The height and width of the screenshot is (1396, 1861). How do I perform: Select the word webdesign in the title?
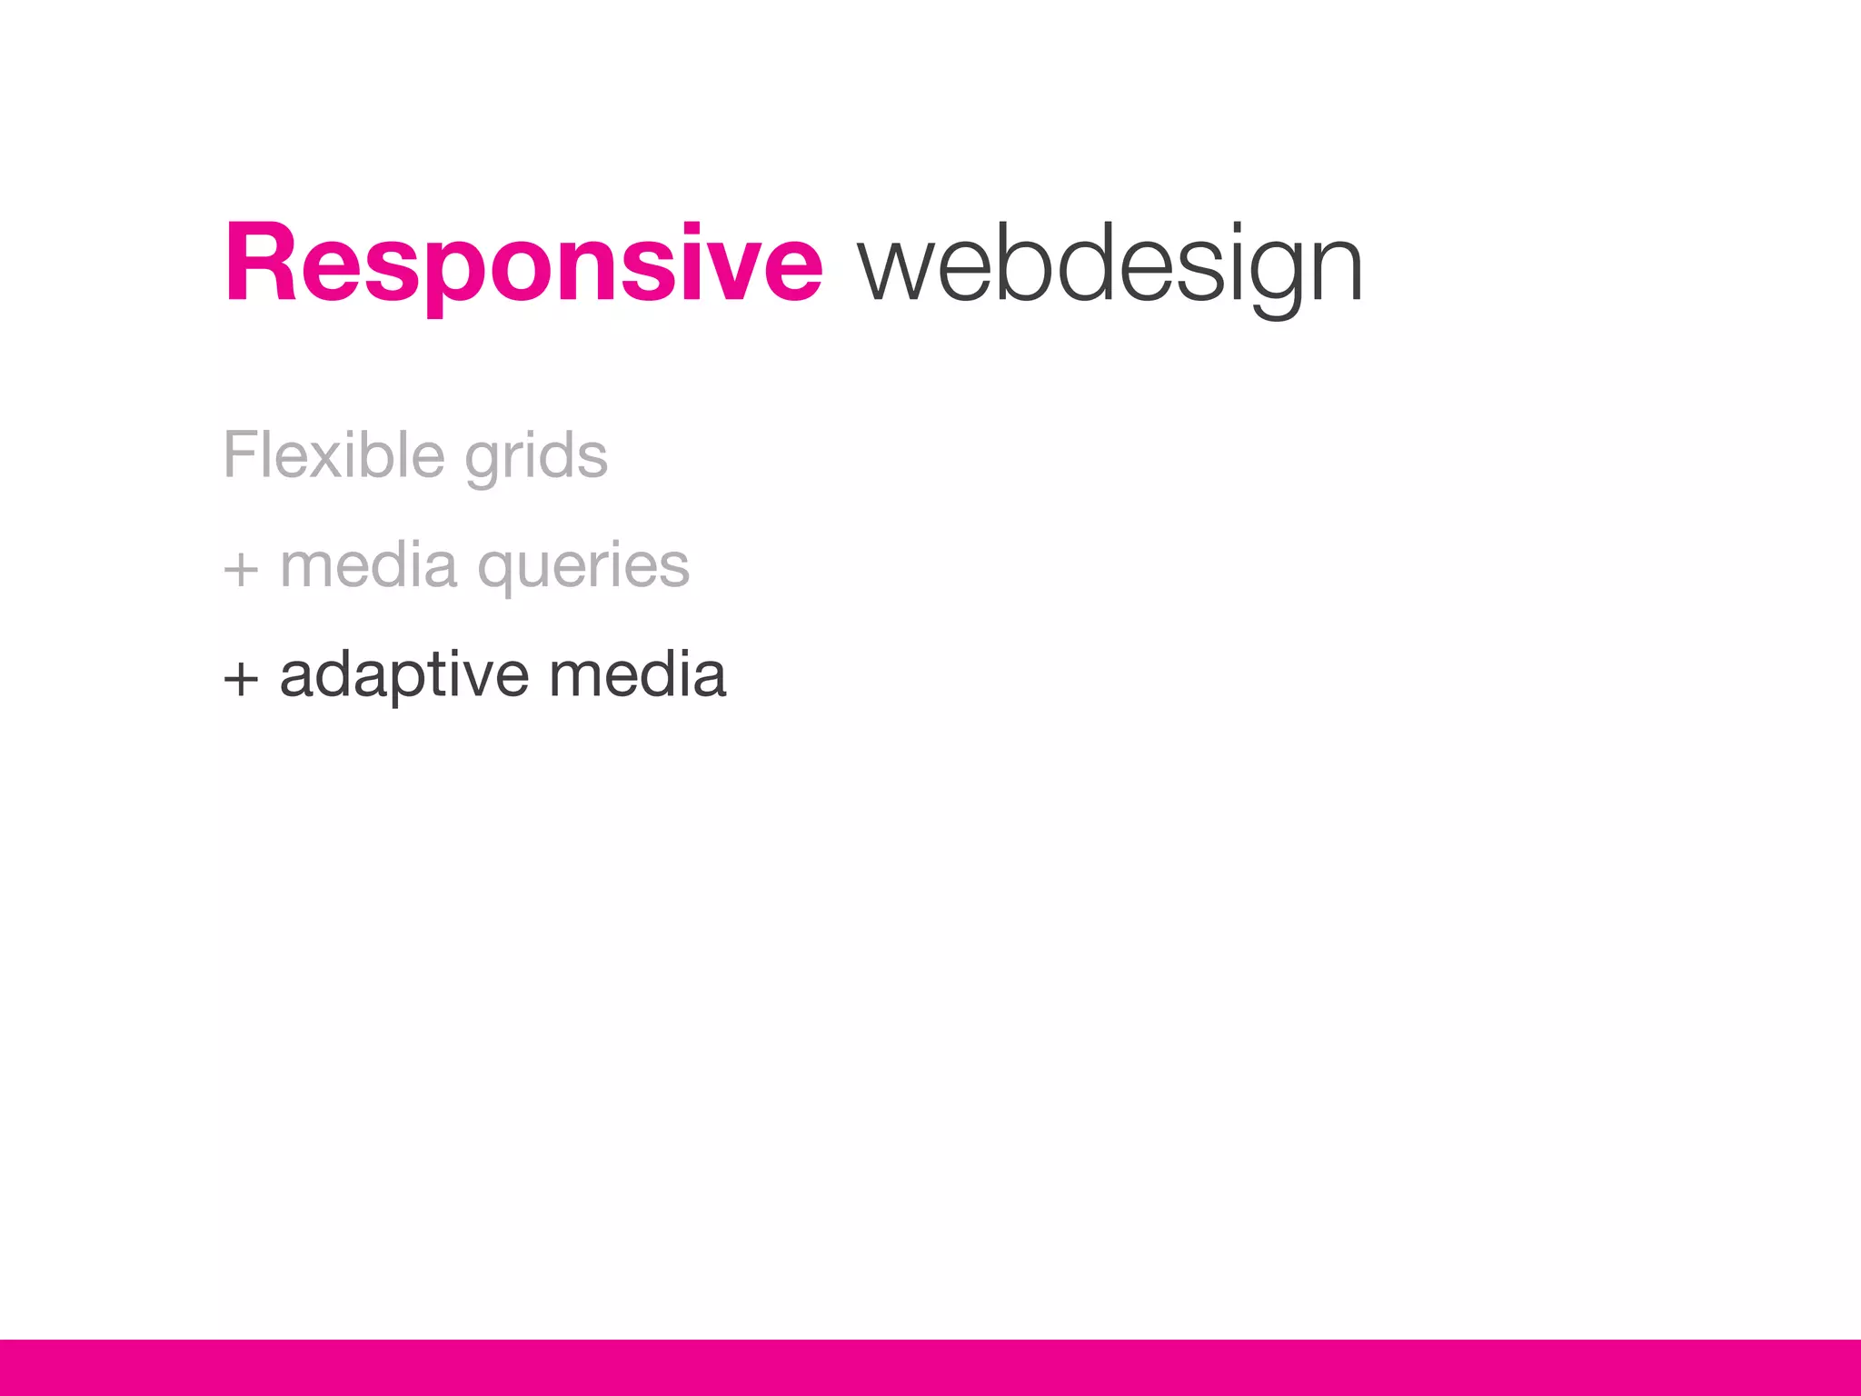point(1110,265)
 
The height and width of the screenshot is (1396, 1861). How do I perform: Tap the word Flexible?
point(333,454)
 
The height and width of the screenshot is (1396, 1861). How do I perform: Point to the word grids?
point(535,458)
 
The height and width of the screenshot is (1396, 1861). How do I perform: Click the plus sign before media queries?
point(241,570)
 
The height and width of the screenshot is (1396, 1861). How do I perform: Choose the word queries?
point(583,568)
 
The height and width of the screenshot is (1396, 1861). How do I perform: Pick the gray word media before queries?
point(368,565)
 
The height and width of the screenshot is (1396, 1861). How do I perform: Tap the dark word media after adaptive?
point(637,675)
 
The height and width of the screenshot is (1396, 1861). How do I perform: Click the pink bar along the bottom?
point(930,1367)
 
